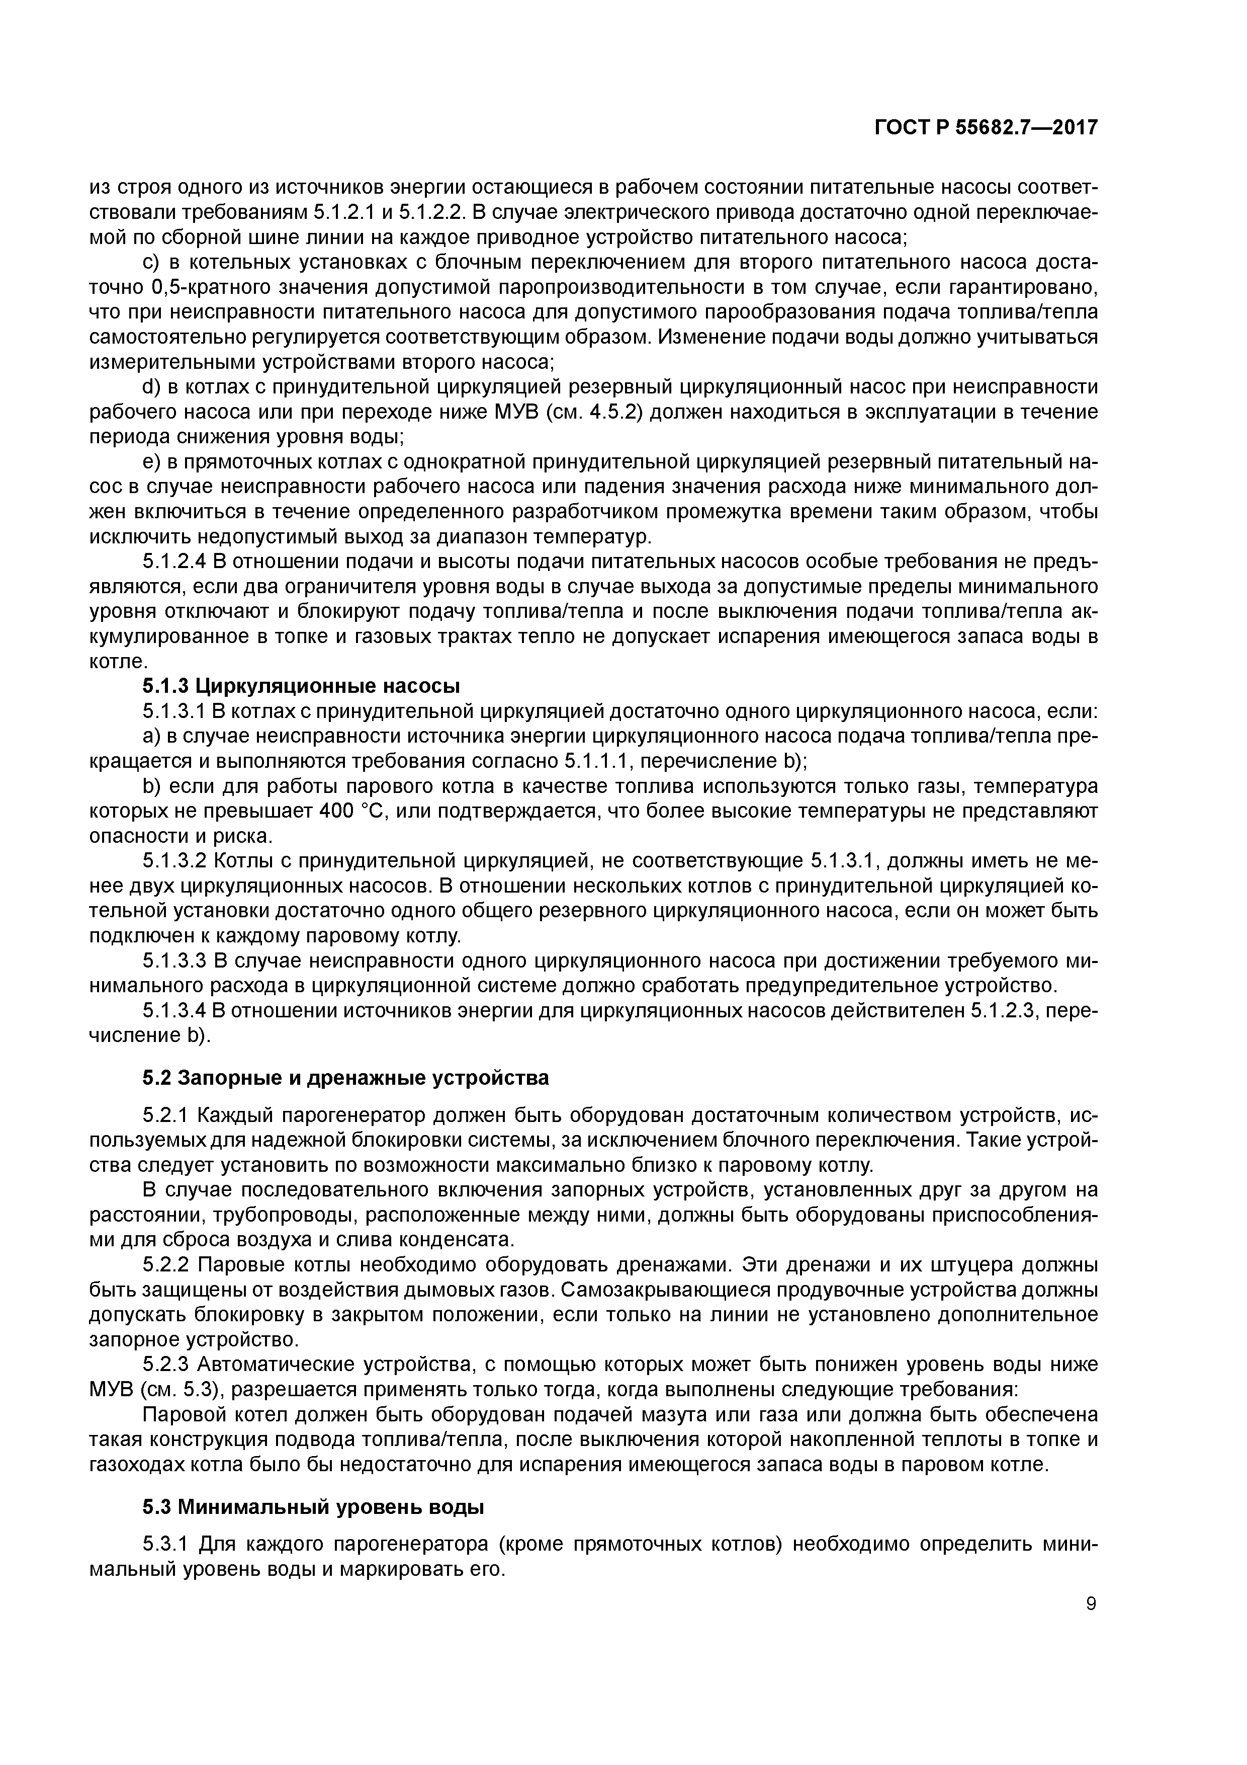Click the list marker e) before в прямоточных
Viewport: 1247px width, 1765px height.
(150, 461)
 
